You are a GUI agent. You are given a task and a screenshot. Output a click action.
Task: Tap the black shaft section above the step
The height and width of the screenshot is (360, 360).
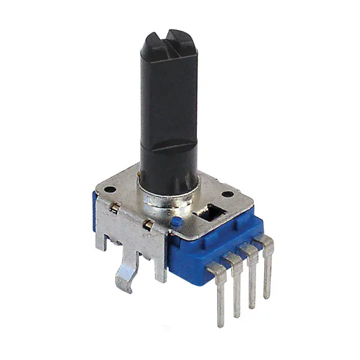click(169, 96)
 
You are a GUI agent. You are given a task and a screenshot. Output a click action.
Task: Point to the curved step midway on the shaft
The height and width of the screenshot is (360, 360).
click(169, 147)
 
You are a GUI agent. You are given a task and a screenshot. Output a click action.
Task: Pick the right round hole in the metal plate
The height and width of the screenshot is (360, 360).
click(227, 195)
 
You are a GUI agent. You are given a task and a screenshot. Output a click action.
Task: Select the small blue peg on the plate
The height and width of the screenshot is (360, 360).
click(175, 222)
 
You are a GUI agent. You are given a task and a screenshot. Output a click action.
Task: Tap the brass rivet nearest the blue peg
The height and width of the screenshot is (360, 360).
click(149, 225)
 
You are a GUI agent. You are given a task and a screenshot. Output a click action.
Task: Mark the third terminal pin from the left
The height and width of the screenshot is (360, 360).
click(252, 272)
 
